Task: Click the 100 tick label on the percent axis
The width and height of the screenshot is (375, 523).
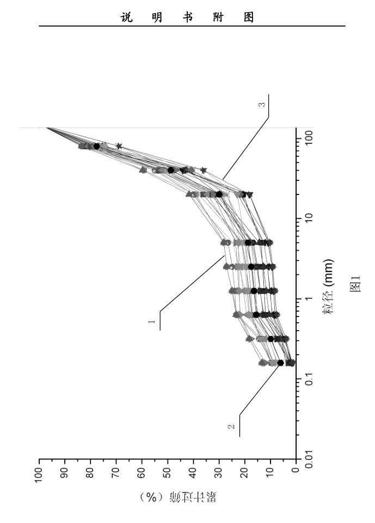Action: pyautogui.click(x=39, y=473)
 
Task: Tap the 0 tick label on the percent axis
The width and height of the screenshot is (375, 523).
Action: pyautogui.click(x=296, y=471)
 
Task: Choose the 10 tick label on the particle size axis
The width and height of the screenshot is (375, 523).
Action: pyautogui.click(x=309, y=218)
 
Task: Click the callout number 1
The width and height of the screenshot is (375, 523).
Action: pyautogui.click(x=152, y=322)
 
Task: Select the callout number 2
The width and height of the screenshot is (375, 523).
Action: pyautogui.click(x=231, y=426)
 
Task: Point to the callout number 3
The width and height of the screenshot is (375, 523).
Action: pyautogui.click(x=263, y=105)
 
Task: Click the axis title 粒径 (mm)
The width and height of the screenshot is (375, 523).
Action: pyautogui.click(x=328, y=287)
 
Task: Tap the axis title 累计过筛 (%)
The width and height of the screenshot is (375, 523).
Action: pyautogui.click(x=179, y=497)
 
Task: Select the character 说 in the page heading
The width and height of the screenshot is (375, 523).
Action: pyautogui.click(x=127, y=17)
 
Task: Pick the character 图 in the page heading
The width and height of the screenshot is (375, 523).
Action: pyautogui.click(x=249, y=17)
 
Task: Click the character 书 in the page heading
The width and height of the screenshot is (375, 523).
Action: pyautogui.click(x=188, y=17)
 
